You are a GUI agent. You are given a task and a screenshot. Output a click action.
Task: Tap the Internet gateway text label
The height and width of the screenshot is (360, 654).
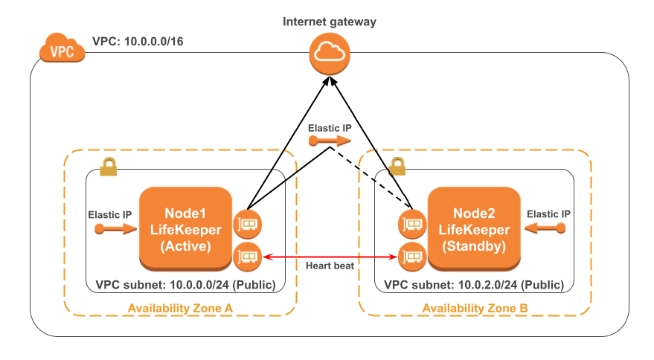click(x=329, y=21)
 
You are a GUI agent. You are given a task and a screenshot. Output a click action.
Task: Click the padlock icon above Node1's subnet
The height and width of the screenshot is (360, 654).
click(x=108, y=168)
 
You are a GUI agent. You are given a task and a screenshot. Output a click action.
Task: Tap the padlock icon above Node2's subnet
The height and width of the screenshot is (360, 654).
click(x=398, y=167)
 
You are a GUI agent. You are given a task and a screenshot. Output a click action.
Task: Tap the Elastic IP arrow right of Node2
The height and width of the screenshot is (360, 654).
click(x=548, y=229)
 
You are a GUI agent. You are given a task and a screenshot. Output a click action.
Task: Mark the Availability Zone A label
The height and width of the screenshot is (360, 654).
click(x=180, y=308)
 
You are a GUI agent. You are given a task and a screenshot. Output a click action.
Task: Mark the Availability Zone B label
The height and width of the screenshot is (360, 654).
click(x=475, y=308)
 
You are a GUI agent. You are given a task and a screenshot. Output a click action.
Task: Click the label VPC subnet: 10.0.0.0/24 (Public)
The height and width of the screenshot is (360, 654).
click(x=185, y=285)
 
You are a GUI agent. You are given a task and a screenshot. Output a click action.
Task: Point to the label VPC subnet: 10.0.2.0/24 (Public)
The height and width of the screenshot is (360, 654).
click(x=474, y=285)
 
